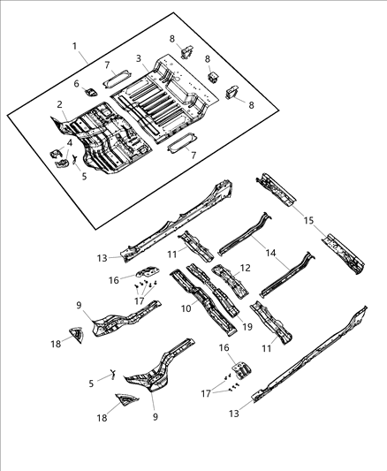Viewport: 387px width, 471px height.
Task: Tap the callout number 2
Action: tap(59, 104)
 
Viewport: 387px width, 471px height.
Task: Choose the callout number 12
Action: tap(245, 266)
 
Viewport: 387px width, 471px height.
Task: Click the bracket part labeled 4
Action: tap(60, 157)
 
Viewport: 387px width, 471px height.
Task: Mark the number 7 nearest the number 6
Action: tap(107, 66)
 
